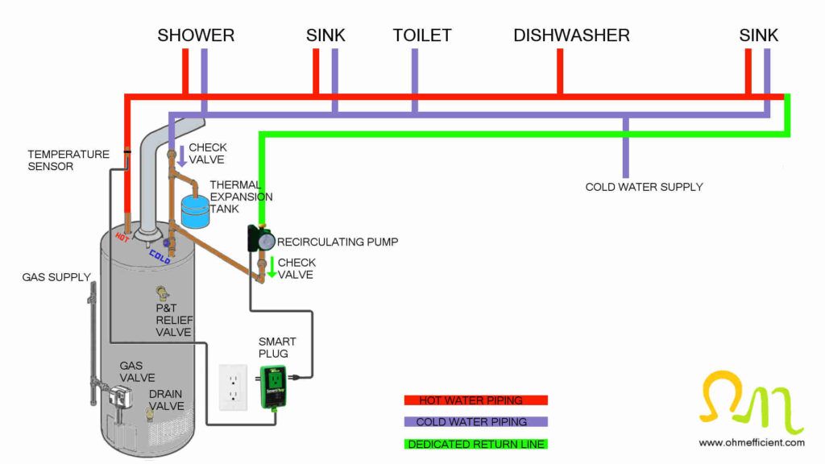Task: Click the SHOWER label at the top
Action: [196, 35]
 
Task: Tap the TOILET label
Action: [422, 35]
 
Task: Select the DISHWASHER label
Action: [571, 35]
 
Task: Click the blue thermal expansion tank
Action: [195, 210]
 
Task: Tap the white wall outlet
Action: [233, 386]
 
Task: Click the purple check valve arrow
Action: [181, 156]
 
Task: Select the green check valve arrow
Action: [272, 267]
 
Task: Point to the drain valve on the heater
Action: [150, 413]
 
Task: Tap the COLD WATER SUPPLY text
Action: [644, 187]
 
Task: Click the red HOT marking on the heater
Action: [122, 238]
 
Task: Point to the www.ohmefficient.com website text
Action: [751, 442]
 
